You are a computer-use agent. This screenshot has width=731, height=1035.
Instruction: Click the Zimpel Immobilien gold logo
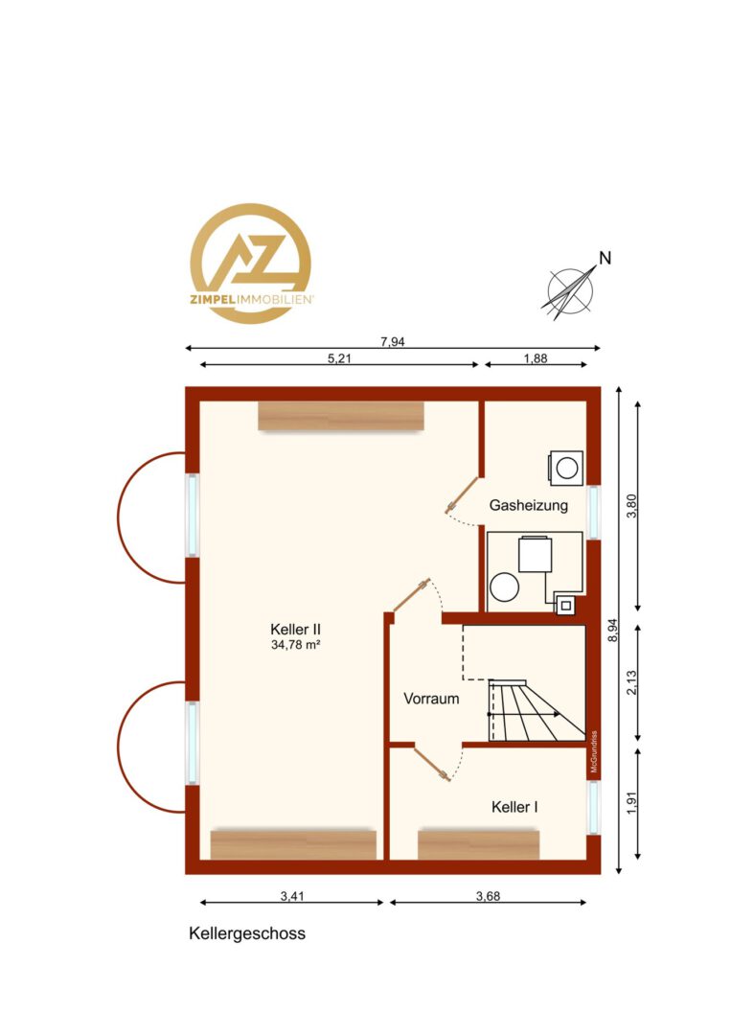click(x=251, y=264)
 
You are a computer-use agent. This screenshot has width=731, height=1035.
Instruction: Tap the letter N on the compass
click(x=605, y=258)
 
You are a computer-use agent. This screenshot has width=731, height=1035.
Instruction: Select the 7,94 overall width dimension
click(x=393, y=341)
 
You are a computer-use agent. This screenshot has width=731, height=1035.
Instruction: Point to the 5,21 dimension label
click(x=340, y=358)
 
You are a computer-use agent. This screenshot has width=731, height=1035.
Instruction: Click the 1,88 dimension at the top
click(x=536, y=358)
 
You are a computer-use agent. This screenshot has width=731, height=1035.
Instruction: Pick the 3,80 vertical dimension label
click(x=632, y=506)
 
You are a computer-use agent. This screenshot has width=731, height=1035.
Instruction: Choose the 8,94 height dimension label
click(x=613, y=630)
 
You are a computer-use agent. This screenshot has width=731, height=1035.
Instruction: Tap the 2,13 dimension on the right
click(x=632, y=682)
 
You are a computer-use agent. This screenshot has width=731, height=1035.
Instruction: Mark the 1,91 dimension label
click(x=632, y=802)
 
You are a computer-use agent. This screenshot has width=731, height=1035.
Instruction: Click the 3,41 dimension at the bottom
click(x=292, y=896)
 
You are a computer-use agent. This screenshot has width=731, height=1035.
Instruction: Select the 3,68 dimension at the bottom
click(x=489, y=896)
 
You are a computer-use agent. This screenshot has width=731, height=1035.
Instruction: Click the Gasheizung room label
click(x=529, y=506)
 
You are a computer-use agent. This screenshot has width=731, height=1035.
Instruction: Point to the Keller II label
click(x=296, y=629)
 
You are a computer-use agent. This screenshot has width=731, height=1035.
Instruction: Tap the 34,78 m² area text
click(x=296, y=645)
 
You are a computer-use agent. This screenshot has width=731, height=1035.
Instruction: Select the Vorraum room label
click(x=431, y=699)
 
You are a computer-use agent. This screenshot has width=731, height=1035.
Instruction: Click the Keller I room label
click(x=514, y=807)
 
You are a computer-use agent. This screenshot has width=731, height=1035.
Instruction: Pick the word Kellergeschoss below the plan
click(x=247, y=934)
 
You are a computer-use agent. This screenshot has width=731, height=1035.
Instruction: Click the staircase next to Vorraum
click(x=537, y=710)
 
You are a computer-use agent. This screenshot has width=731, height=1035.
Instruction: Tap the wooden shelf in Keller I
click(x=479, y=845)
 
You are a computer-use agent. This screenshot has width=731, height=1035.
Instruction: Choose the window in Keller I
click(x=594, y=807)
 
